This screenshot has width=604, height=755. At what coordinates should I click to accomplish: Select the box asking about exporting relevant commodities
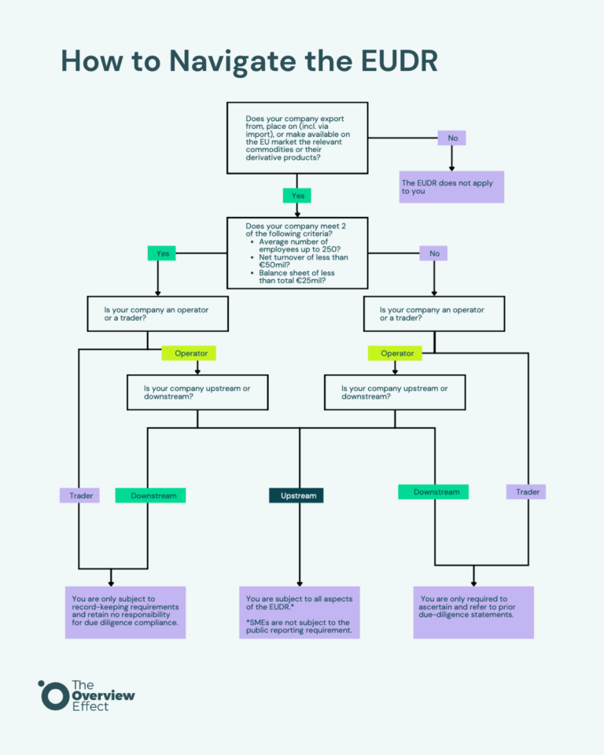pos(297,138)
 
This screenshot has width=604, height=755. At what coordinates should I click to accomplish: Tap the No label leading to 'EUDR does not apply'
pos(451,138)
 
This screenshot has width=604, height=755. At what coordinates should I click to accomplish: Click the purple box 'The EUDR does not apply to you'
pos(451,186)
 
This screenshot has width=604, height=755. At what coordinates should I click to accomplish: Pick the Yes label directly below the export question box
pos(296,196)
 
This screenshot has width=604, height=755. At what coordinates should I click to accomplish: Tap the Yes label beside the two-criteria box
pos(161,253)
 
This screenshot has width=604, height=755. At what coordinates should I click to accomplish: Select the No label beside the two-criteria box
pos(433,253)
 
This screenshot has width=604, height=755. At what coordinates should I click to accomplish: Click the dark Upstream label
pos(296,495)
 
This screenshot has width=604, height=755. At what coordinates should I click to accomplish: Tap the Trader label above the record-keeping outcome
pos(79,495)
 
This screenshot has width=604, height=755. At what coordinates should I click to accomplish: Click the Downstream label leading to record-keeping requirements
pos(150,495)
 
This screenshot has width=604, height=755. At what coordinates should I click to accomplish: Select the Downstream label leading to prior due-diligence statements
pos(433,492)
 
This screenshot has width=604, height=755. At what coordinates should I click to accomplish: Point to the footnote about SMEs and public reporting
pos(299,626)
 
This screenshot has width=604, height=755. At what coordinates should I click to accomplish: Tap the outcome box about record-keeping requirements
pos(125,611)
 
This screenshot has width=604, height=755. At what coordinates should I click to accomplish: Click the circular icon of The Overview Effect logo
pos(53,695)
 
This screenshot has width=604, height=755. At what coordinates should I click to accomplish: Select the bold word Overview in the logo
pos(102,695)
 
